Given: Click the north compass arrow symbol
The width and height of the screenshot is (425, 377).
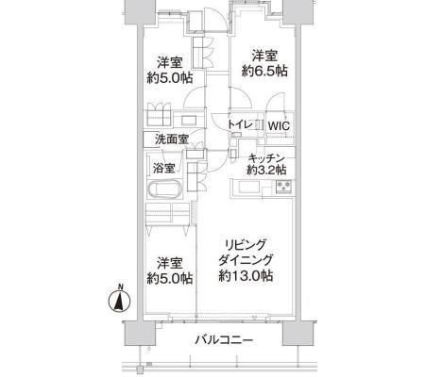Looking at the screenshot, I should tap(119, 302).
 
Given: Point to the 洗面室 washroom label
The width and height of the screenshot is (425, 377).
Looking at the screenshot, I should tap(172, 140).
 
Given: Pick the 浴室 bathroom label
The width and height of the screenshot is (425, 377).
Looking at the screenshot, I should tap(163, 169).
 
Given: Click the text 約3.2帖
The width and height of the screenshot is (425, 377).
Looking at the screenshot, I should tap(267, 171).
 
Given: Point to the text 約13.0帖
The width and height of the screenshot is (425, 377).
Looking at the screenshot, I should tap(246, 277).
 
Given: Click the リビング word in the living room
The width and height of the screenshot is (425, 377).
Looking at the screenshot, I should tap(246, 242).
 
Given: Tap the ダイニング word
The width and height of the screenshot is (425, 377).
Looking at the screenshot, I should tap(246, 259).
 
